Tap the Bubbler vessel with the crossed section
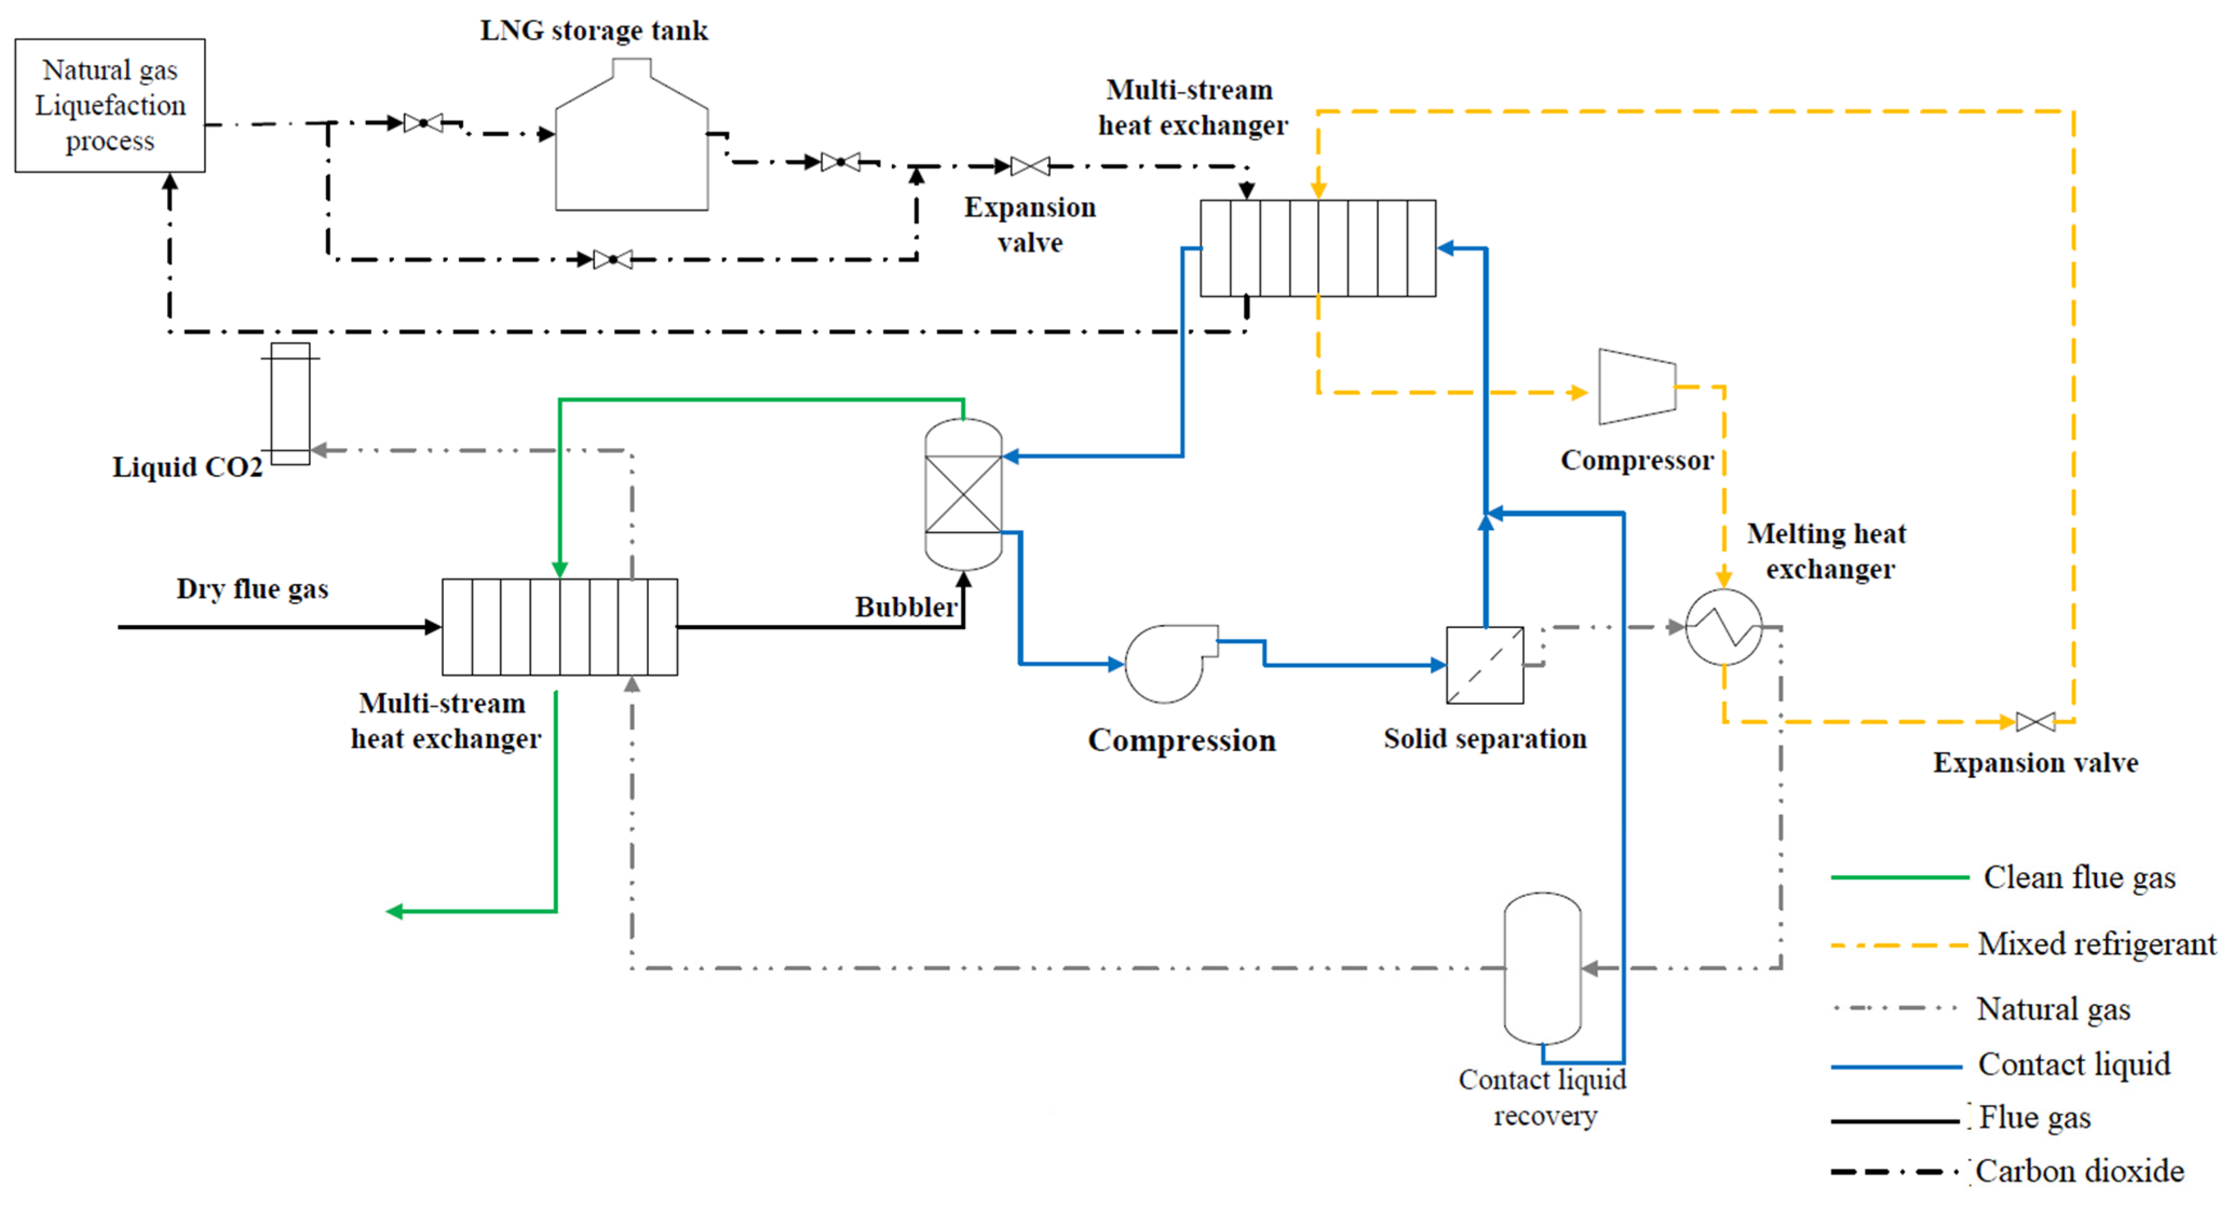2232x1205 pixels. (x=964, y=494)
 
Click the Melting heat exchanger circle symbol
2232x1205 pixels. (x=1724, y=627)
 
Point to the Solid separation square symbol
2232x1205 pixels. (x=1484, y=664)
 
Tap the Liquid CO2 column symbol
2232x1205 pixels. (x=290, y=404)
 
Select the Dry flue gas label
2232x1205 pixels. (x=252, y=589)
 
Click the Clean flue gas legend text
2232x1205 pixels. (x=2079, y=877)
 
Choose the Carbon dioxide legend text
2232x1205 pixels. (x=2079, y=1171)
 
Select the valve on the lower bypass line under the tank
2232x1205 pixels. (x=613, y=259)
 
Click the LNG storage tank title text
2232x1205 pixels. (x=594, y=30)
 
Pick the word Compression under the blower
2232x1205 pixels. (x=1182, y=741)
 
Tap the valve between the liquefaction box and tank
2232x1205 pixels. (x=423, y=123)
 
